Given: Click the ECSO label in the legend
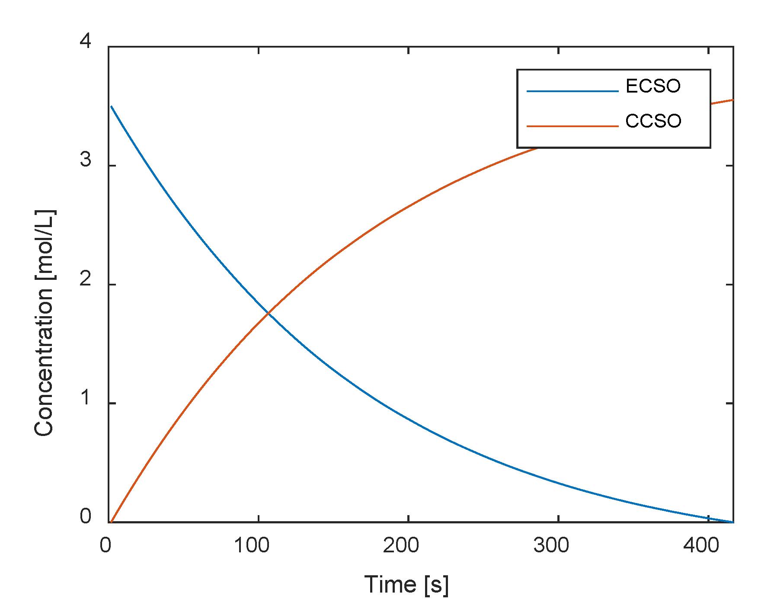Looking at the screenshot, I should pyautogui.click(x=652, y=86).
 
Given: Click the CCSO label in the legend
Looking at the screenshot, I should pyautogui.click(x=653, y=121).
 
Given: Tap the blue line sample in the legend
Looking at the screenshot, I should pyautogui.click(x=572, y=91).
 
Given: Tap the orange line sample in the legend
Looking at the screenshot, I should pyautogui.click(x=572, y=126).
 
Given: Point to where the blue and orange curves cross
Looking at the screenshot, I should pyautogui.click(x=269, y=313).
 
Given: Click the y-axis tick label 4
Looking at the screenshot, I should pyautogui.click(x=86, y=42).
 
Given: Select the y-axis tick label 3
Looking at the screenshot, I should pyautogui.click(x=86, y=160).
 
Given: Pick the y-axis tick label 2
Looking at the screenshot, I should pyautogui.click(x=86, y=279).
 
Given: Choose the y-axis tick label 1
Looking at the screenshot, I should pyautogui.click(x=86, y=398).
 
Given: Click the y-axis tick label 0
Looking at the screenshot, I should pyautogui.click(x=86, y=517).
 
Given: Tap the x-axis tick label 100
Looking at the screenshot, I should pyautogui.click(x=252, y=546).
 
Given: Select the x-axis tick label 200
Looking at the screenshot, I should pyautogui.click(x=401, y=546).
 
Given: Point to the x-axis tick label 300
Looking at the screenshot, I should pyautogui.click(x=551, y=546).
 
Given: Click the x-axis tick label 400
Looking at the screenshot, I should pyautogui.click(x=701, y=546).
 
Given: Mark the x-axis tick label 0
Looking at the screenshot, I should pyautogui.click(x=106, y=546).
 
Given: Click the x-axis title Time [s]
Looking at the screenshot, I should pyautogui.click(x=406, y=585).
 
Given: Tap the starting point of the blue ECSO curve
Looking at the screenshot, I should pyautogui.click(x=112, y=106).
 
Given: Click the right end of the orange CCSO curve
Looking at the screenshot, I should pyautogui.click(x=732, y=100).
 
